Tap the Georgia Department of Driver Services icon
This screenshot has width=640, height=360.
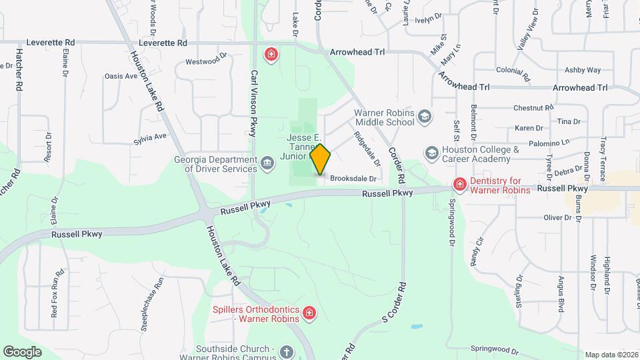pos(267,163)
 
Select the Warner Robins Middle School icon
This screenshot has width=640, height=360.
pos(425,118)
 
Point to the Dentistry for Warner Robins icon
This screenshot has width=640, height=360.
pos(459,185)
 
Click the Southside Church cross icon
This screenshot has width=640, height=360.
pos(286,351)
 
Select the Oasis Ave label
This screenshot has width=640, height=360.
pos(121,76)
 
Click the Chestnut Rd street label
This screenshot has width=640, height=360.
pos(533,108)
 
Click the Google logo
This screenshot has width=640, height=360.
pos(22,351)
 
